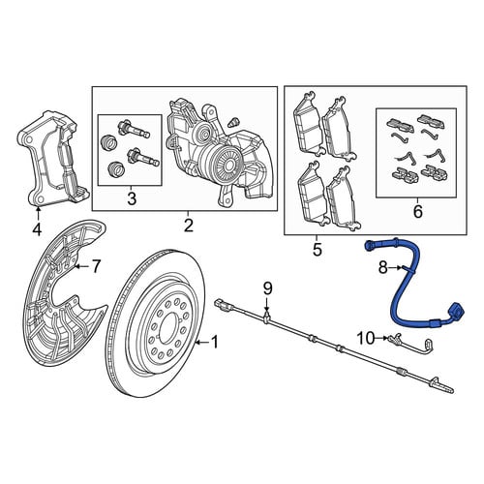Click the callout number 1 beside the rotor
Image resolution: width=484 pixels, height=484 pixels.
[x=215, y=343]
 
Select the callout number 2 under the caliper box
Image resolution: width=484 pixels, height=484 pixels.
[x=189, y=226]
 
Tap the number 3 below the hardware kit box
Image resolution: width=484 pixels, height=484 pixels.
[x=132, y=198]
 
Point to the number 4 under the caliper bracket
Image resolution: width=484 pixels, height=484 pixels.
[x=37, y=229]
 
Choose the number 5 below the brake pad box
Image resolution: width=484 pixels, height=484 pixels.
[x=318, y=249]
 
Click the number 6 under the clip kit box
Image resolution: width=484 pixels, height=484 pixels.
[x=417, y=212]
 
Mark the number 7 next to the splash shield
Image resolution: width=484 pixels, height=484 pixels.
[x=95, y=267]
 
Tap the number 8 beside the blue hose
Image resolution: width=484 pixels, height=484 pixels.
[x=383, y=268]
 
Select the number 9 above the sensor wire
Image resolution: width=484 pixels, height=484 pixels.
[x=268, y=288]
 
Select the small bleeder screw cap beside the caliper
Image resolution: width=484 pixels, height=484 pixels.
[x=233, y=122]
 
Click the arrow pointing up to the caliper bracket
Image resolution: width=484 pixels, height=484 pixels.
[x=38, y=214]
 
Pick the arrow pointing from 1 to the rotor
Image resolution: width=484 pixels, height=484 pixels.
[x=202, y=343]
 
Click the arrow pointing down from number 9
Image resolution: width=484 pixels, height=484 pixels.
[x=266, y=305]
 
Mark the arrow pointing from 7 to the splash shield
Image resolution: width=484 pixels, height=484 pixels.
[x=81, y=266]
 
